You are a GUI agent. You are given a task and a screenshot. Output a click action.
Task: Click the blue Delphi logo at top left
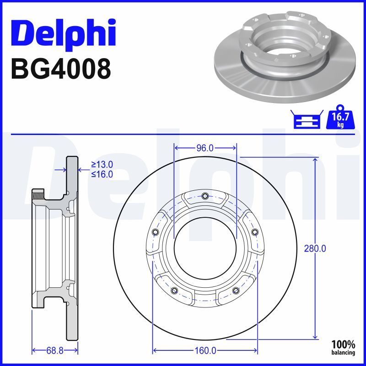pos(64,33)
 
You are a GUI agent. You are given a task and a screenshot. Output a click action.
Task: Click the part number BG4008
pos(61,69)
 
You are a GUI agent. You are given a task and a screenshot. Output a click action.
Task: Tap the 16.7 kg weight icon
pos(340,117)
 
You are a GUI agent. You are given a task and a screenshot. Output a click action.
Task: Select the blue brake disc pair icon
pos(307,119)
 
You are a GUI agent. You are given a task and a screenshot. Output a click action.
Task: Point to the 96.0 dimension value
pos(205,148)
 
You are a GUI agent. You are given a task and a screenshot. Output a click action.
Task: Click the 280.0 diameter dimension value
pos(315,249)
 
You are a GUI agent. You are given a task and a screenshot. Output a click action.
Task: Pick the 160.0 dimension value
pos(205,350)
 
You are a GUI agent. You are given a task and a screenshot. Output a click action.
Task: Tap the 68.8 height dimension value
pos(55,350)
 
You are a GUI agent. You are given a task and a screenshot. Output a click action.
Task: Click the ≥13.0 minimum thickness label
pos(102,165)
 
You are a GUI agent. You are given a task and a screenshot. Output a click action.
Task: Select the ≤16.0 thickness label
pos(102,174)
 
